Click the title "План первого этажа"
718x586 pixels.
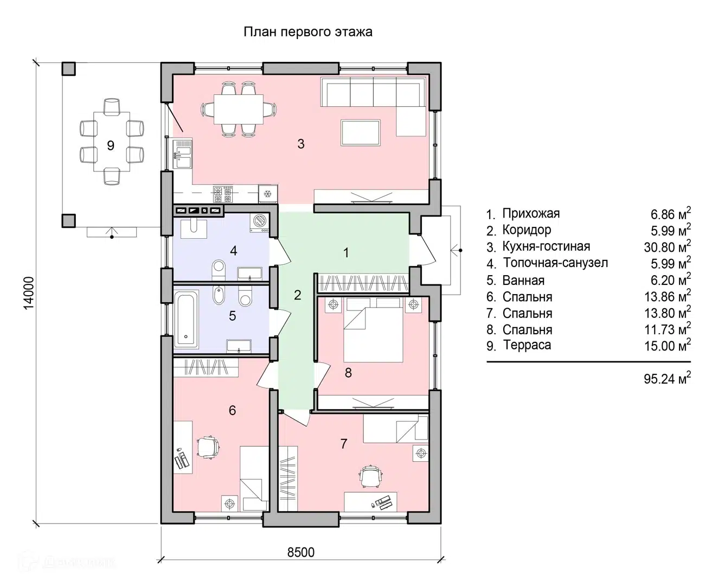308,32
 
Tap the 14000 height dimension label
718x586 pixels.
29,292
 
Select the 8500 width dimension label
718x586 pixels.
300,552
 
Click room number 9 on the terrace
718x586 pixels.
111,145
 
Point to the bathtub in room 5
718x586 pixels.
186,319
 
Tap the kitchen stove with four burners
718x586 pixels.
223,194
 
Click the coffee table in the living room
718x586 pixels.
361,133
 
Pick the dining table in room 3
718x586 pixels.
239,110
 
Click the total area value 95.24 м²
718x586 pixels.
667,378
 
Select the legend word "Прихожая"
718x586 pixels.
531,214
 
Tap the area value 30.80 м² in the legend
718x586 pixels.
667,246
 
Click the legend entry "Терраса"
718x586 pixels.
527,345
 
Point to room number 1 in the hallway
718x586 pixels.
346,253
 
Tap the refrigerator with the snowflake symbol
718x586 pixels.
268,194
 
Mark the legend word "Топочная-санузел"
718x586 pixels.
555,263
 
